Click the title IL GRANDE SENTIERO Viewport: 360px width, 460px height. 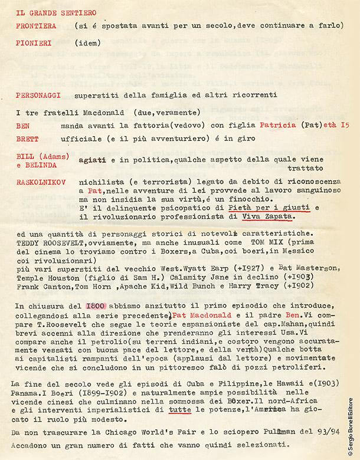pos(48,12)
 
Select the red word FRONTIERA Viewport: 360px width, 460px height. pos(36,26)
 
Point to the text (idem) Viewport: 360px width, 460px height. pos(88,43)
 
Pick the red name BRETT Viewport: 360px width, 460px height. pos(26,139)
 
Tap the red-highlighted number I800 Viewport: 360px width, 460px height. pos(96,307)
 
